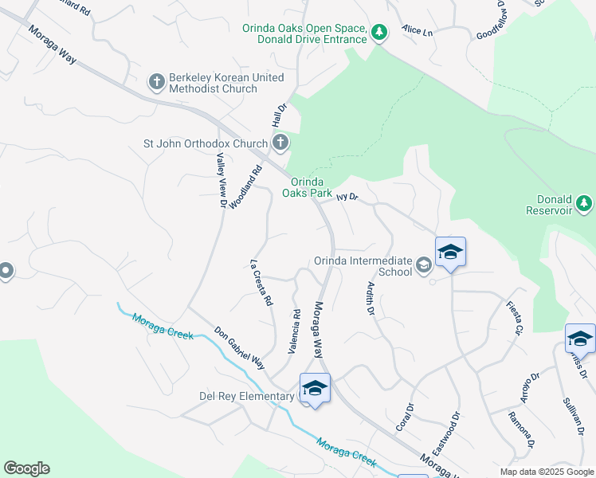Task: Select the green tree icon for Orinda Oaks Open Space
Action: pos(380,33)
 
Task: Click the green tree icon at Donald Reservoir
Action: pos(585,203)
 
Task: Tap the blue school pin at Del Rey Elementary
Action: pos(315,389)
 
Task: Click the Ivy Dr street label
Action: pos(347,196)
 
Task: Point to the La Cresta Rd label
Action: pos(261,284)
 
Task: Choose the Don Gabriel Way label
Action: pos(238,347)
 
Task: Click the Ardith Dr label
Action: pos(370,298)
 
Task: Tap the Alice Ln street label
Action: pos(417,30)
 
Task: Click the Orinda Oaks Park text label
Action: pos(311,187)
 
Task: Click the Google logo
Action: pos(26,468)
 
